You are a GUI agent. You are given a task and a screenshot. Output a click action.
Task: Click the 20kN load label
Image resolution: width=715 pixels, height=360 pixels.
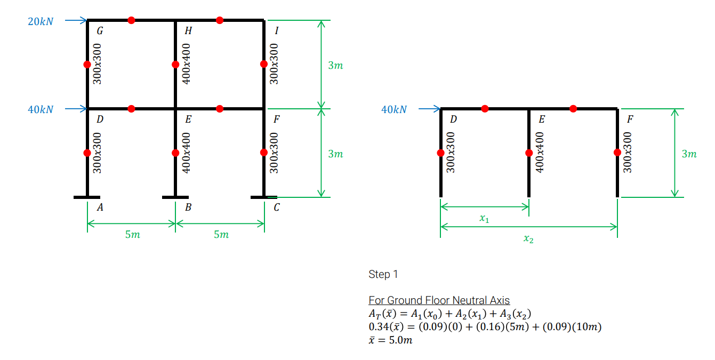tap(41, 21)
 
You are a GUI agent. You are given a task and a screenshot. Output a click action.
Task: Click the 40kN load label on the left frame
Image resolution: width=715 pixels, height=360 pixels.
tap(41, 109)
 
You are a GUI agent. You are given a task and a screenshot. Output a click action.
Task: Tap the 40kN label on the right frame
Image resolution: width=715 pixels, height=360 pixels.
tap(394, 109)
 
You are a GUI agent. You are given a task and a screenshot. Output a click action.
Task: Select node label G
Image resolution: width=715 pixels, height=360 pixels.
tap(100, 30)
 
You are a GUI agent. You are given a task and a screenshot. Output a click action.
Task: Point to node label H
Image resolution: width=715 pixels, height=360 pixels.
tap(188, 30)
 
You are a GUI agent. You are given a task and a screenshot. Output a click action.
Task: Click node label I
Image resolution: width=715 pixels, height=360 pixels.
tap(276, 30)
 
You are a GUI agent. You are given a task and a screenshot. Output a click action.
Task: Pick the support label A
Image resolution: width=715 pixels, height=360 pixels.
tap(100, 207)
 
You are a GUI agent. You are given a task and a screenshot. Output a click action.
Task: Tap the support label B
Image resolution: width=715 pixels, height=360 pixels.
tap(188, 207)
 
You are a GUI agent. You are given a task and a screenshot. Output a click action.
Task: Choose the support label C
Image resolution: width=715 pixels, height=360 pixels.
tap(276, 207)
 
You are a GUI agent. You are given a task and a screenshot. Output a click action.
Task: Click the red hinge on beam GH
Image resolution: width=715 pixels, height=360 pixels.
tap(131, 20)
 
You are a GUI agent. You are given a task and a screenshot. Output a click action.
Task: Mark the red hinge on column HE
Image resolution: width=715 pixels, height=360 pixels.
tap(175, 65)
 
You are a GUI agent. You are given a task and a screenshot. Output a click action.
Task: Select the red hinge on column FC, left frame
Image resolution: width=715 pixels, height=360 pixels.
tap(263, 153)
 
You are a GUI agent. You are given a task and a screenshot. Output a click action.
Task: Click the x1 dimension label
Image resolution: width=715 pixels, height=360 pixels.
tap(484, 218)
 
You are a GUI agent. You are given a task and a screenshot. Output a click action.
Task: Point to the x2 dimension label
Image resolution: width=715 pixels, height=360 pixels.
tap(528, 238)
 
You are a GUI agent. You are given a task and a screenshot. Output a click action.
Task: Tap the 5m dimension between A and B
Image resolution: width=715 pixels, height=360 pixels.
tap(132, 235)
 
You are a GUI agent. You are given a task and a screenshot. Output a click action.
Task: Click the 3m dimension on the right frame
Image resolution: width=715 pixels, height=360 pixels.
tap(689, 154)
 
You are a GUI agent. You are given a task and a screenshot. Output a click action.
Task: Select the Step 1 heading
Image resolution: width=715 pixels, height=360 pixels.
tap(383, 274)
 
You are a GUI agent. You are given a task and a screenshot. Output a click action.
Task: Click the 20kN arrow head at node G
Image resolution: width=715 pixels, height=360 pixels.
tap(87, 20)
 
